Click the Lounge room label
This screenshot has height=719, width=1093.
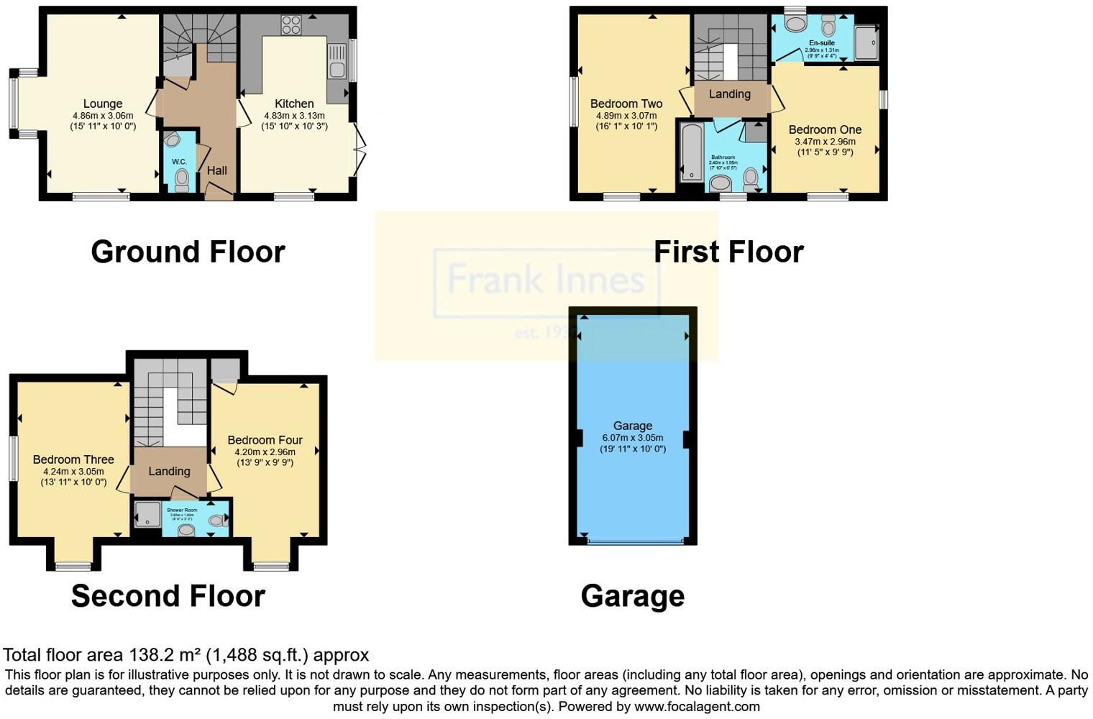[102, 104]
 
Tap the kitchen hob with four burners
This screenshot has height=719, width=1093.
[291, 25]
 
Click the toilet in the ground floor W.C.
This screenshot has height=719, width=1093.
[181, 178]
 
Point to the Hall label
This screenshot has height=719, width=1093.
[216, 170]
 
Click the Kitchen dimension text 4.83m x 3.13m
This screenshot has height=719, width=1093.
[294, 115]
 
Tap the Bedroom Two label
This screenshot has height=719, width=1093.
[626, 104]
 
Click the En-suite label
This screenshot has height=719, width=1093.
[821, 43]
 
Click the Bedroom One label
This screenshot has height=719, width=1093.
[825, 129]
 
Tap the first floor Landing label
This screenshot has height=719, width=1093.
[729, 94]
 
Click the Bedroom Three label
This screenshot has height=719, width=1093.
[73, 459]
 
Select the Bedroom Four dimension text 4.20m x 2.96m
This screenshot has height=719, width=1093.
[265, 452]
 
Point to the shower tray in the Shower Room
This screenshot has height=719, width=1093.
[147, 514]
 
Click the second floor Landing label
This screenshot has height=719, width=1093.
[169, 472]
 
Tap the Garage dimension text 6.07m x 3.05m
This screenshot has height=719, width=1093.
[632, 437]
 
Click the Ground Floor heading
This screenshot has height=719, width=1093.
[188, 252]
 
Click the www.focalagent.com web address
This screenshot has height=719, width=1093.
[697, 706]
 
